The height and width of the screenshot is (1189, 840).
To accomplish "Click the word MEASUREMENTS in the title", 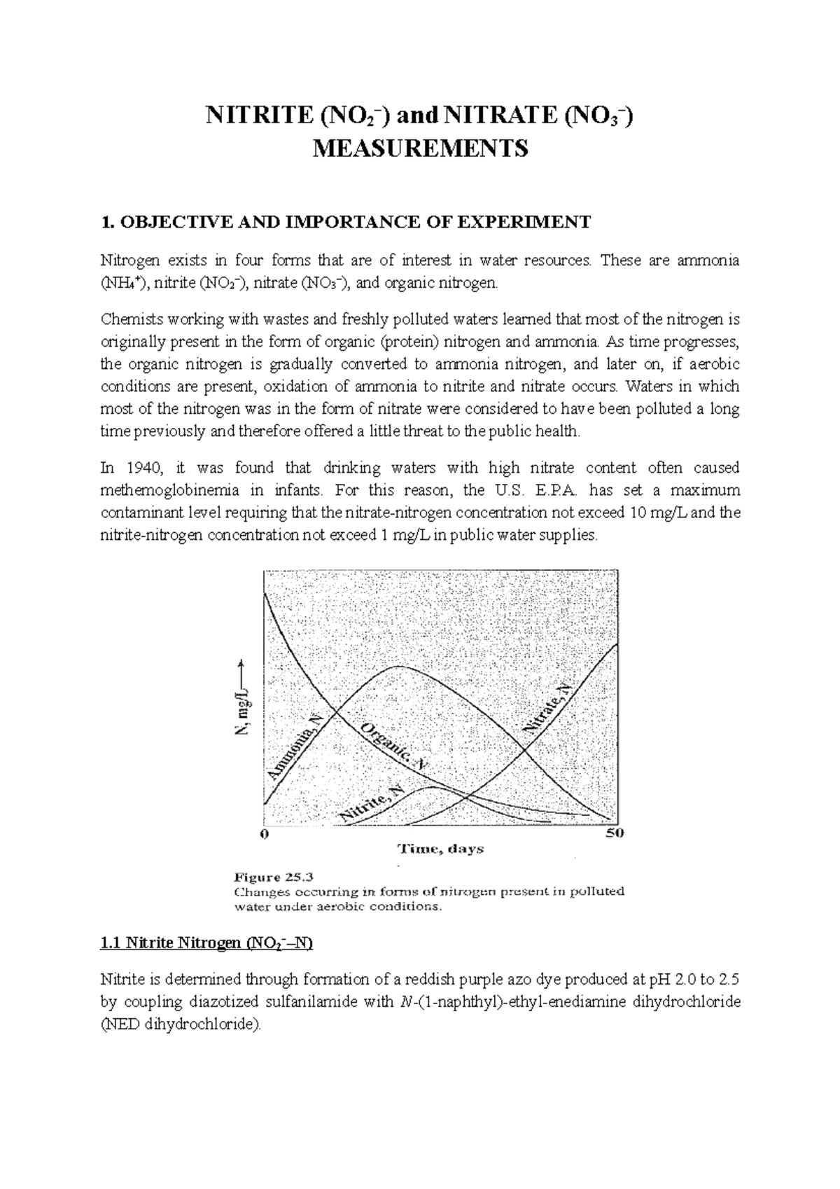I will point(419,149).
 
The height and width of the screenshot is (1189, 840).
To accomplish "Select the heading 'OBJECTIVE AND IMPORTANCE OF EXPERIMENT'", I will point(354,223).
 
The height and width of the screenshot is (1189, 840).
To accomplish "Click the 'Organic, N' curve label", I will point(394,748).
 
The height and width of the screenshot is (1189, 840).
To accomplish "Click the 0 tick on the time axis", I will point(265,833).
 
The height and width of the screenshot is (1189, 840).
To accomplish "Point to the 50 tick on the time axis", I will point(615,833).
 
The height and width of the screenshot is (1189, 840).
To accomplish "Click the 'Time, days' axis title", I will point(440,849).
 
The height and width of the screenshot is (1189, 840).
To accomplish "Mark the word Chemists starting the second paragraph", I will point(128,319).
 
